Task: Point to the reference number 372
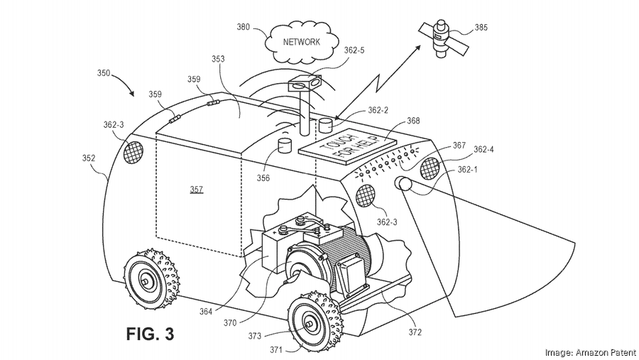click(x=415, y=332)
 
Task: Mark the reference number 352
click(x=89, y=159)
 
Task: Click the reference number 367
click(x=459, y=146)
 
